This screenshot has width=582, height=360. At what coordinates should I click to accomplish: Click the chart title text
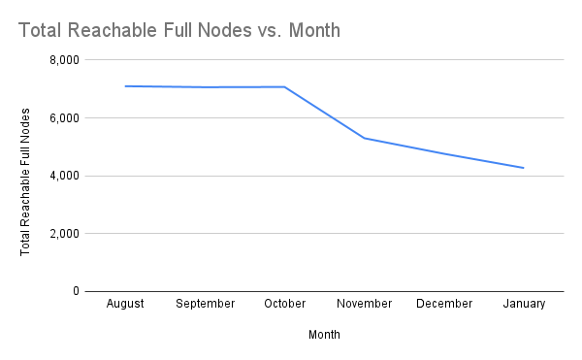pyautogui.click(x=179, y=30)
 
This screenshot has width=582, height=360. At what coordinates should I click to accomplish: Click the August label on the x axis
pyautogui.click(x=125, y=304)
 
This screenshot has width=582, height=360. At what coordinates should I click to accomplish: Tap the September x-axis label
pyautogui.click(x=205, y=304)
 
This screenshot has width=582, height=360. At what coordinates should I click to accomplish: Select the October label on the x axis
pyautogui.click(x=285, y=304)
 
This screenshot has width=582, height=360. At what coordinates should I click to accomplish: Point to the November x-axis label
pyautogui.click(x=365, y=304)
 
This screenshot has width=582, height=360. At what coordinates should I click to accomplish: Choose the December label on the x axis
pyautogui.click(x=444, y=304)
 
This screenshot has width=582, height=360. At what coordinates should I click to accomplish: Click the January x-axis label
pyautogui.click(x=524, y=304)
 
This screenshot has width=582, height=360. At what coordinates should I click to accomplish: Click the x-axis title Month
pyautogui.click(x=324, y=335)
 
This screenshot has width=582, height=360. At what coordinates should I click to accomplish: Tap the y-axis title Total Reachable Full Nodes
pyautogui.click(x=25, y=176)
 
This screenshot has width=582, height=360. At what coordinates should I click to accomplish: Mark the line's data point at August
pyautogui.click(x=125, y=86)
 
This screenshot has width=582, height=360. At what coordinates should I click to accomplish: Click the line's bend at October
pyautogui.click(x=285, y=87)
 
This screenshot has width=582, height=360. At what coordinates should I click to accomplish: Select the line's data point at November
pyautogui.click(x=365, y=138)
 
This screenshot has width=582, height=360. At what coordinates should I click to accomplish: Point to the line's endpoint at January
pyautogui.click(x=524, y=168)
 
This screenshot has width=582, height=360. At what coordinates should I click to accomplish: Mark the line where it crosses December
pyautogui.click(x=444, y=153)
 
